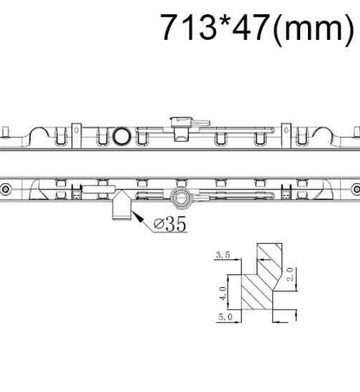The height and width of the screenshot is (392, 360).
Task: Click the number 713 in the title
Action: click(x=189, y=27)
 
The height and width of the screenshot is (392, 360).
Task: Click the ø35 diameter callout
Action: click(x=170, y=224)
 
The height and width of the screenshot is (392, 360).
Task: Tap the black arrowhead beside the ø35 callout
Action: click(x=138, y=217)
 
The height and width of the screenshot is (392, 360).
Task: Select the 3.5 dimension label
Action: click(x=222, y=255)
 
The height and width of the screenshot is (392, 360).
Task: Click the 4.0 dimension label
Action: click(x=222, y=294)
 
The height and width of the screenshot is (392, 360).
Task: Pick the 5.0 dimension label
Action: click(x=225, y=317)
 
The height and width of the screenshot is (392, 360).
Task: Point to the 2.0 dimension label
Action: click(x=290, y=274)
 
